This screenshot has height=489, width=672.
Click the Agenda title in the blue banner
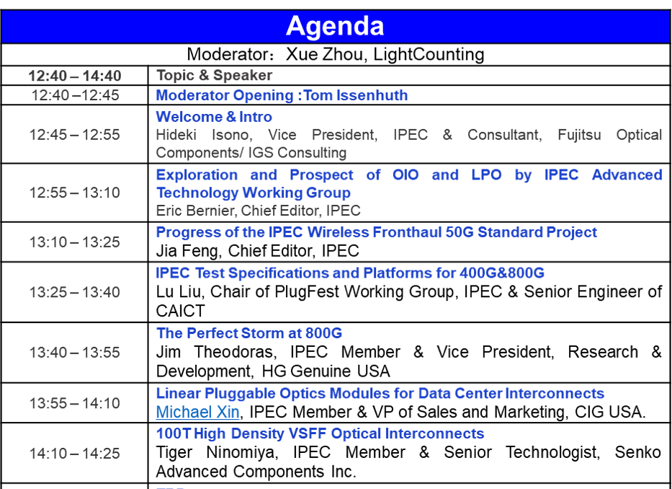(335, 26)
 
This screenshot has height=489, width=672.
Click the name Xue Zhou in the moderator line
(323, 55)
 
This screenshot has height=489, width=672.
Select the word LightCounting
(429, 55)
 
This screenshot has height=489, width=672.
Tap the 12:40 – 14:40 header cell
(75, 76)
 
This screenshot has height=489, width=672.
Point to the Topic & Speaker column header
(214, 75)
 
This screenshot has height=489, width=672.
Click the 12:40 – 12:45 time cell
(75, 95)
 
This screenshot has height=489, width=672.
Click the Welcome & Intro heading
(214, 117)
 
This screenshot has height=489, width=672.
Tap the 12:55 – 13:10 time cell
(75, 193)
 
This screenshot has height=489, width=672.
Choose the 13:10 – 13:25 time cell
(75, 242)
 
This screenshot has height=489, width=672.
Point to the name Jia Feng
(189, 251)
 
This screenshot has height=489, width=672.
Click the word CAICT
(181, 311)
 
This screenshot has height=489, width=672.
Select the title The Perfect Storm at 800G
(249, 333)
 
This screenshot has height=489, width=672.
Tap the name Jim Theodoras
(216, 352)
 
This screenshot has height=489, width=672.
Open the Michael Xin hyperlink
(197, 412)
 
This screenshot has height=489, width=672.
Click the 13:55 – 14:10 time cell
(75, 403)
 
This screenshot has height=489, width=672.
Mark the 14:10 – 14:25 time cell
(75, 454)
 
